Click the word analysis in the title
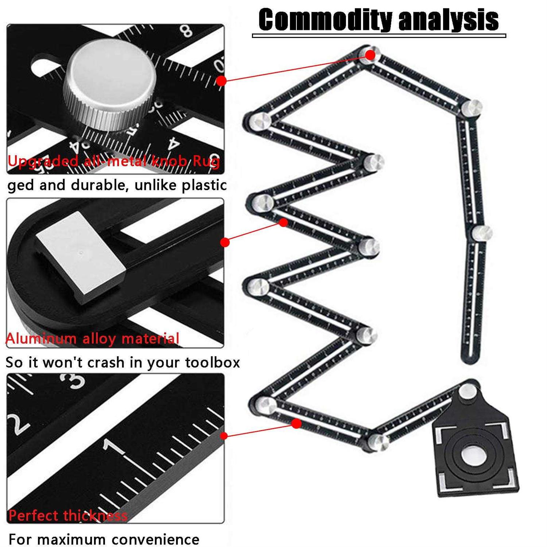[449, 20]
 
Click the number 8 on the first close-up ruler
[187, 31]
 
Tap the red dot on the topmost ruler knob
[370, 55]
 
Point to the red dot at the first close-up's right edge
[221, 81]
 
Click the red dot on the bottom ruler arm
[297, 424]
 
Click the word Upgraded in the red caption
[43, 161]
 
